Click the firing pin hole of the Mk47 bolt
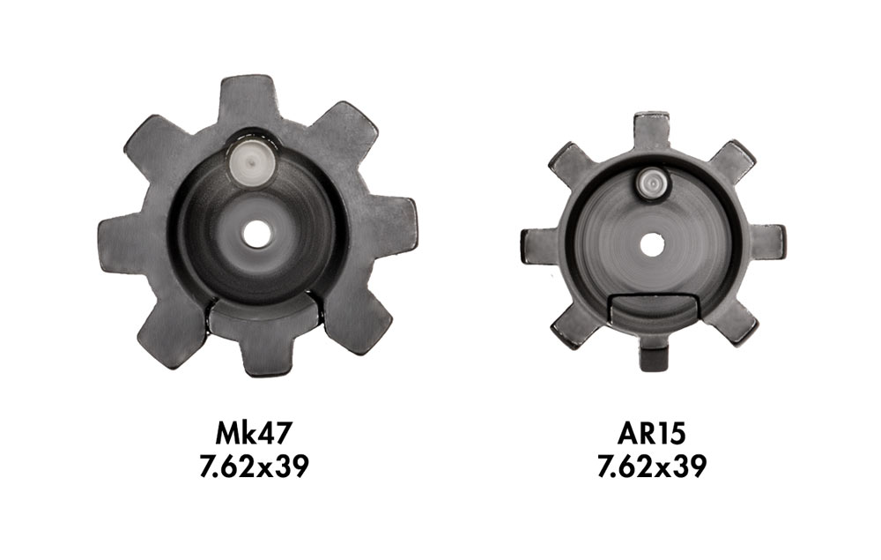click(258, 232)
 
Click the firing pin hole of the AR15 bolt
click(651, 243)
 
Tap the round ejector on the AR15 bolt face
click(652, 183)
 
